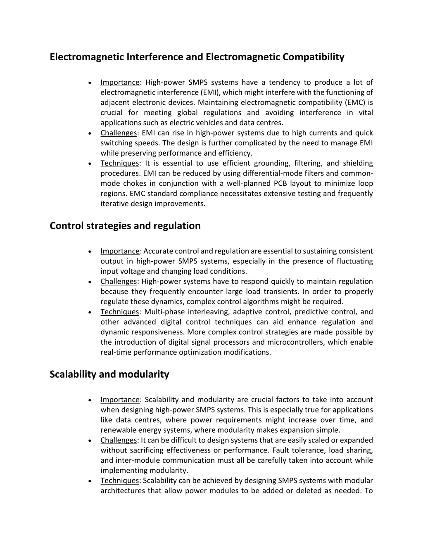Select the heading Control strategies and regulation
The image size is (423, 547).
pos(125,226)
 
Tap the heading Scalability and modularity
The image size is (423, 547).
pos(109,374)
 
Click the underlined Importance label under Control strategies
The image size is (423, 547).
pos(120,251)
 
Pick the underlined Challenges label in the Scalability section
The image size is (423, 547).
pos(119,440)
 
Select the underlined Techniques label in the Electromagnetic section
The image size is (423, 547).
pos(120,163)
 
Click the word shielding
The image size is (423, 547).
pos(358,163)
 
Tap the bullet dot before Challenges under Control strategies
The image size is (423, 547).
pos(90,282)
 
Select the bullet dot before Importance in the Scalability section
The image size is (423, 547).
pos(90,400)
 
